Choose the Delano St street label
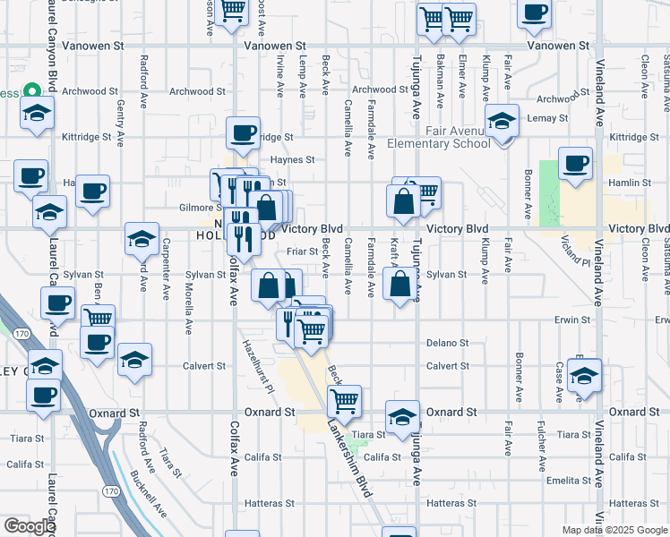pyautogui.click(x=447, y=343)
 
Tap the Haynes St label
pyautogui.click(x=293, y=160)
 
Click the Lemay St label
pyautogui.click(x=547, y=118)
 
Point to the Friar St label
pyautogui.click(x=303, y=252)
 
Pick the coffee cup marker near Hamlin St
pyautogui.click(x=576, y=164)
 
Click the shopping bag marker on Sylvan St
pyautogui.click(x=399, y=286)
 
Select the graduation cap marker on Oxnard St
pyautogui.click(x=402, y=416)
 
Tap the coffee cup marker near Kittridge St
pyautogui.click(x=243, y=133)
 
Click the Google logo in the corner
pyautogui.click(x=30, y=526)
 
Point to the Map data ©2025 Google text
pyautogui.click(x=614, y=530)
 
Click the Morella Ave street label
pyautogui.click(x=189, y=282)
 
